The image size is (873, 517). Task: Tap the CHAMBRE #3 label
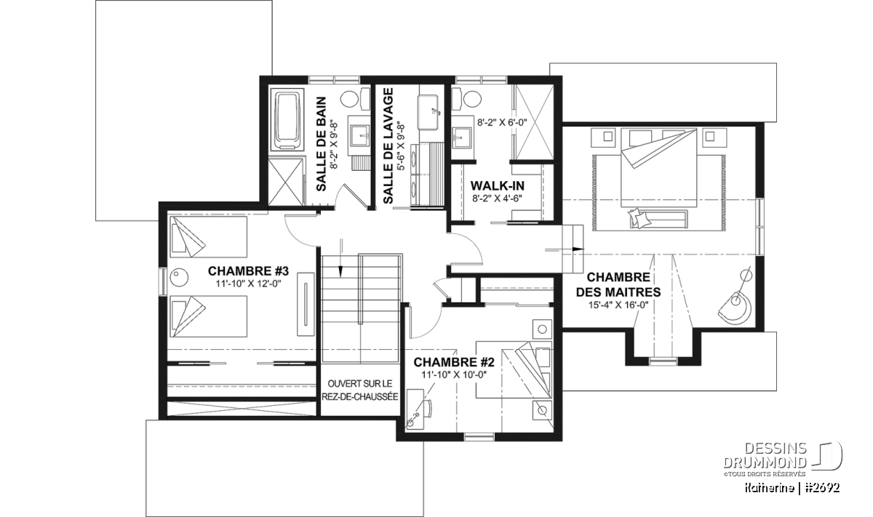248,270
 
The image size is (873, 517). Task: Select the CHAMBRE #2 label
454,362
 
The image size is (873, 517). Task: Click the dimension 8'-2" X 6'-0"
502,122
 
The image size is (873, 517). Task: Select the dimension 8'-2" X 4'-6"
498,199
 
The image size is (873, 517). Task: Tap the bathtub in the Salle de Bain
290,119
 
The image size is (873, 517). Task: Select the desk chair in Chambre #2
428,409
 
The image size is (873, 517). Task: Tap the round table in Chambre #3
179,278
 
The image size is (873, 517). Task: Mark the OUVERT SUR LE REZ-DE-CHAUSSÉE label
360,390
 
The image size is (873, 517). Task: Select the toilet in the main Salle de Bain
355,99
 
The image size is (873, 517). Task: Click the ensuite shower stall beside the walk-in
534,121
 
